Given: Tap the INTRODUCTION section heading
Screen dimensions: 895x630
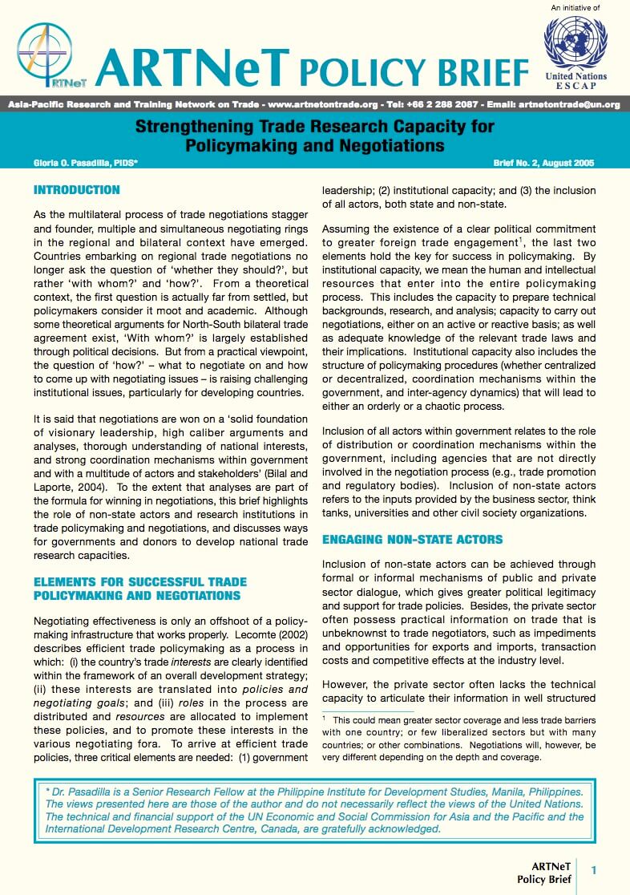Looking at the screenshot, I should (x=77, y=191).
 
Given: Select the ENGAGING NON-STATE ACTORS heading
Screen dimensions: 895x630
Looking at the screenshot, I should (x=412, y=539).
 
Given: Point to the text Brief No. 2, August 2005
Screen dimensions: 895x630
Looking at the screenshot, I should (x=544, y=163).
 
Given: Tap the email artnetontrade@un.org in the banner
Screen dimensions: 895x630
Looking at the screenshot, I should (x=569, y=105).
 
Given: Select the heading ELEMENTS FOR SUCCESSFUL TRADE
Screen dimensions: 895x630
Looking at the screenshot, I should (x=139, y=582).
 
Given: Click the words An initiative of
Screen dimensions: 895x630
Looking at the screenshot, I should (x=575, y=8).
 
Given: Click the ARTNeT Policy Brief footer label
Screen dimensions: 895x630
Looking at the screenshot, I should (x=551, y=872).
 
